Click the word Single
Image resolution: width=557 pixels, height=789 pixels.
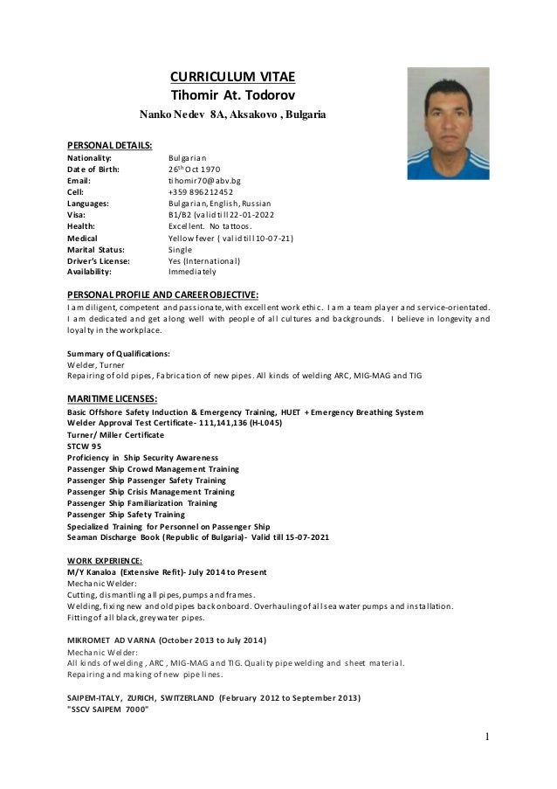pos(180,249)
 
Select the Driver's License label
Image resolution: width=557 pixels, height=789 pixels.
pos(99,260)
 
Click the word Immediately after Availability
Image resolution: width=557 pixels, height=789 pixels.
pos(192,272)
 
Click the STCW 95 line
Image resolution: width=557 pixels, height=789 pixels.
pos(84,446)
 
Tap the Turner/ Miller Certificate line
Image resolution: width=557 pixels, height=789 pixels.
pos(114,434)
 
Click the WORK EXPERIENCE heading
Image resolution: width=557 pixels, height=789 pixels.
pos(106,560)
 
